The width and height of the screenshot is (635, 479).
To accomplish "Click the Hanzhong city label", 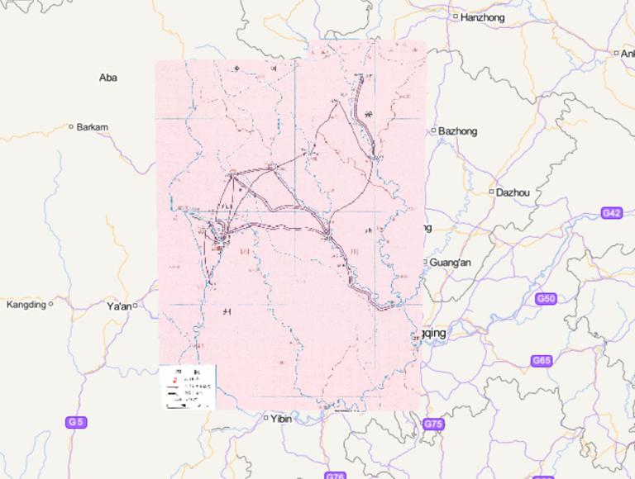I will tap(482, 17).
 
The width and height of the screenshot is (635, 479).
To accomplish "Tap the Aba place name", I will tap(108, 78).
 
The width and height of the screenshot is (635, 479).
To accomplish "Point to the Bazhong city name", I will tap(457, 131).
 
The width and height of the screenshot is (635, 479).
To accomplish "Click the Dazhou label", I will tap(513, 192).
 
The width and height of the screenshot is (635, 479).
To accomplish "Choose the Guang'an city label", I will tap(450, 263).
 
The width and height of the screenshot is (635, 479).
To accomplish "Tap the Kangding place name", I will tap(26, 305).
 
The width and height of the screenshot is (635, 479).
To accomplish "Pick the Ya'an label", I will tap(119, 306).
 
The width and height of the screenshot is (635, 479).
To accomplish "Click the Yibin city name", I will tap(281, 419).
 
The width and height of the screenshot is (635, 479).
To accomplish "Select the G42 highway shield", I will tap(611, 213).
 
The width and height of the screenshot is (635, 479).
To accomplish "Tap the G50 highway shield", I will tap(546, 299).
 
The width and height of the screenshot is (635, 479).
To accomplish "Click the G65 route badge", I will tap(542, 361).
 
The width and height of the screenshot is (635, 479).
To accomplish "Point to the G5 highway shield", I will tap(75, 422).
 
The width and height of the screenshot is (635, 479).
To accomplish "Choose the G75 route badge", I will tap(433, 424).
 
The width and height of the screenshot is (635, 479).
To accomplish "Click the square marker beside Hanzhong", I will tap(455, 17).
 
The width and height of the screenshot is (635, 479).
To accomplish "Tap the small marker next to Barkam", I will tap(71, 127).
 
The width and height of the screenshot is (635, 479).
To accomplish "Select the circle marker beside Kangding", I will tap(50, 304).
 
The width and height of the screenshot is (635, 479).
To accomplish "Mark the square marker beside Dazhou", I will tap(491, 192).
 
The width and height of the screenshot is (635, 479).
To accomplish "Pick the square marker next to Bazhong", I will tap(433, 130).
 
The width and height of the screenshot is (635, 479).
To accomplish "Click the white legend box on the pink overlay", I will tap(187, 386).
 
